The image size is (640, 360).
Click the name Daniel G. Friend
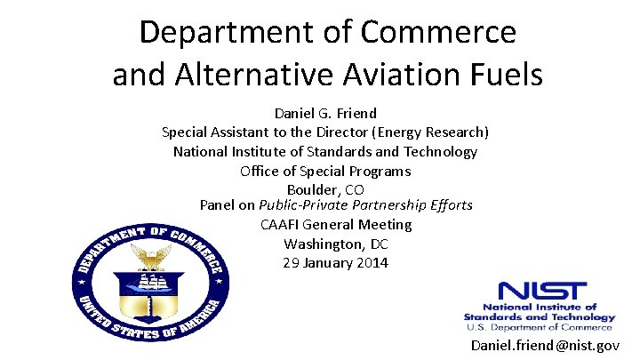[325, 114]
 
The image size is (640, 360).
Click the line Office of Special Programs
[325, 171]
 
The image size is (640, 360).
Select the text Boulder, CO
[325, 189]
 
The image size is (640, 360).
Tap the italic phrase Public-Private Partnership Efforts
[365, 205]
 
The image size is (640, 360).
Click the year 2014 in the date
[372, 263]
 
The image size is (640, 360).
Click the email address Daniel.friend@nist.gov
[545, 345]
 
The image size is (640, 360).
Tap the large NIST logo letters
[542, 292]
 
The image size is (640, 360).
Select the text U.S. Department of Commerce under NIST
[539, 326]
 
